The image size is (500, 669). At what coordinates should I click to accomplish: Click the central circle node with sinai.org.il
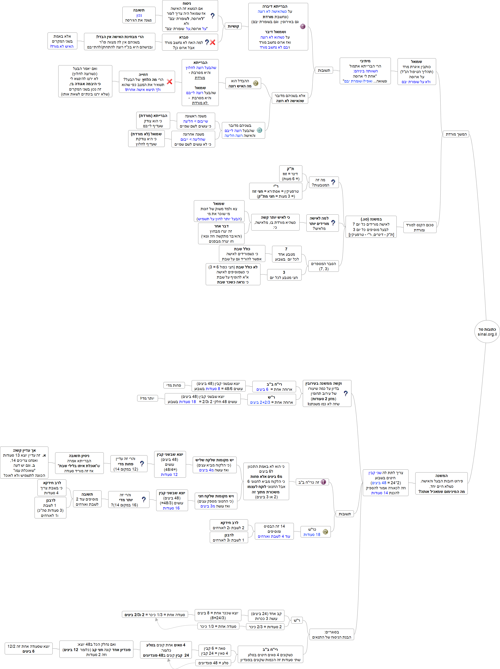pos(487,332)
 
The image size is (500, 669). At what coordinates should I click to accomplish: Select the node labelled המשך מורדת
pos(456,134)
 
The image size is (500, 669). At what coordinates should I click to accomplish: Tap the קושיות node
pos(233,26)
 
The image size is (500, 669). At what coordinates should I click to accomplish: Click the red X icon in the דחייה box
pos(169,82)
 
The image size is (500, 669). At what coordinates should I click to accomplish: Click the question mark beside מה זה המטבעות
pos(333,182)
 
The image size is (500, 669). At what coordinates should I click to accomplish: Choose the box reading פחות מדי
pos(174,385)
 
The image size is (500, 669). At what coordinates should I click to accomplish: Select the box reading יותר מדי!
pos(147,398)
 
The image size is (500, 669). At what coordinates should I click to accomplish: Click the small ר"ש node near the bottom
pos(297,620)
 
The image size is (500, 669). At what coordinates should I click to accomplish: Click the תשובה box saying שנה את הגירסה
pos(139,15)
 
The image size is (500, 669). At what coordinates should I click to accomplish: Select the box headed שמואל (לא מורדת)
pos(146,139)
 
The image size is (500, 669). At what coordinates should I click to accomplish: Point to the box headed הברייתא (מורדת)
pos(153,121)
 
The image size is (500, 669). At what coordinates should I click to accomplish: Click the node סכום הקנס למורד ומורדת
pos(420,227)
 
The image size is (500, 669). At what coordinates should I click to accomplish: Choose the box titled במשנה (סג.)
pos(371,227)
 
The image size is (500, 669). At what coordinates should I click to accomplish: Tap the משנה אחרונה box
pos(193,139)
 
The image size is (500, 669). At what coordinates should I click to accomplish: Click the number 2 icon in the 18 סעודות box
pos(325,532)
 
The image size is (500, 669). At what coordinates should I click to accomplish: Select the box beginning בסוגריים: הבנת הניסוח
pos(331,634)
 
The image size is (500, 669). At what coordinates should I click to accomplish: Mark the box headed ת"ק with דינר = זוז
pos(290,174)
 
